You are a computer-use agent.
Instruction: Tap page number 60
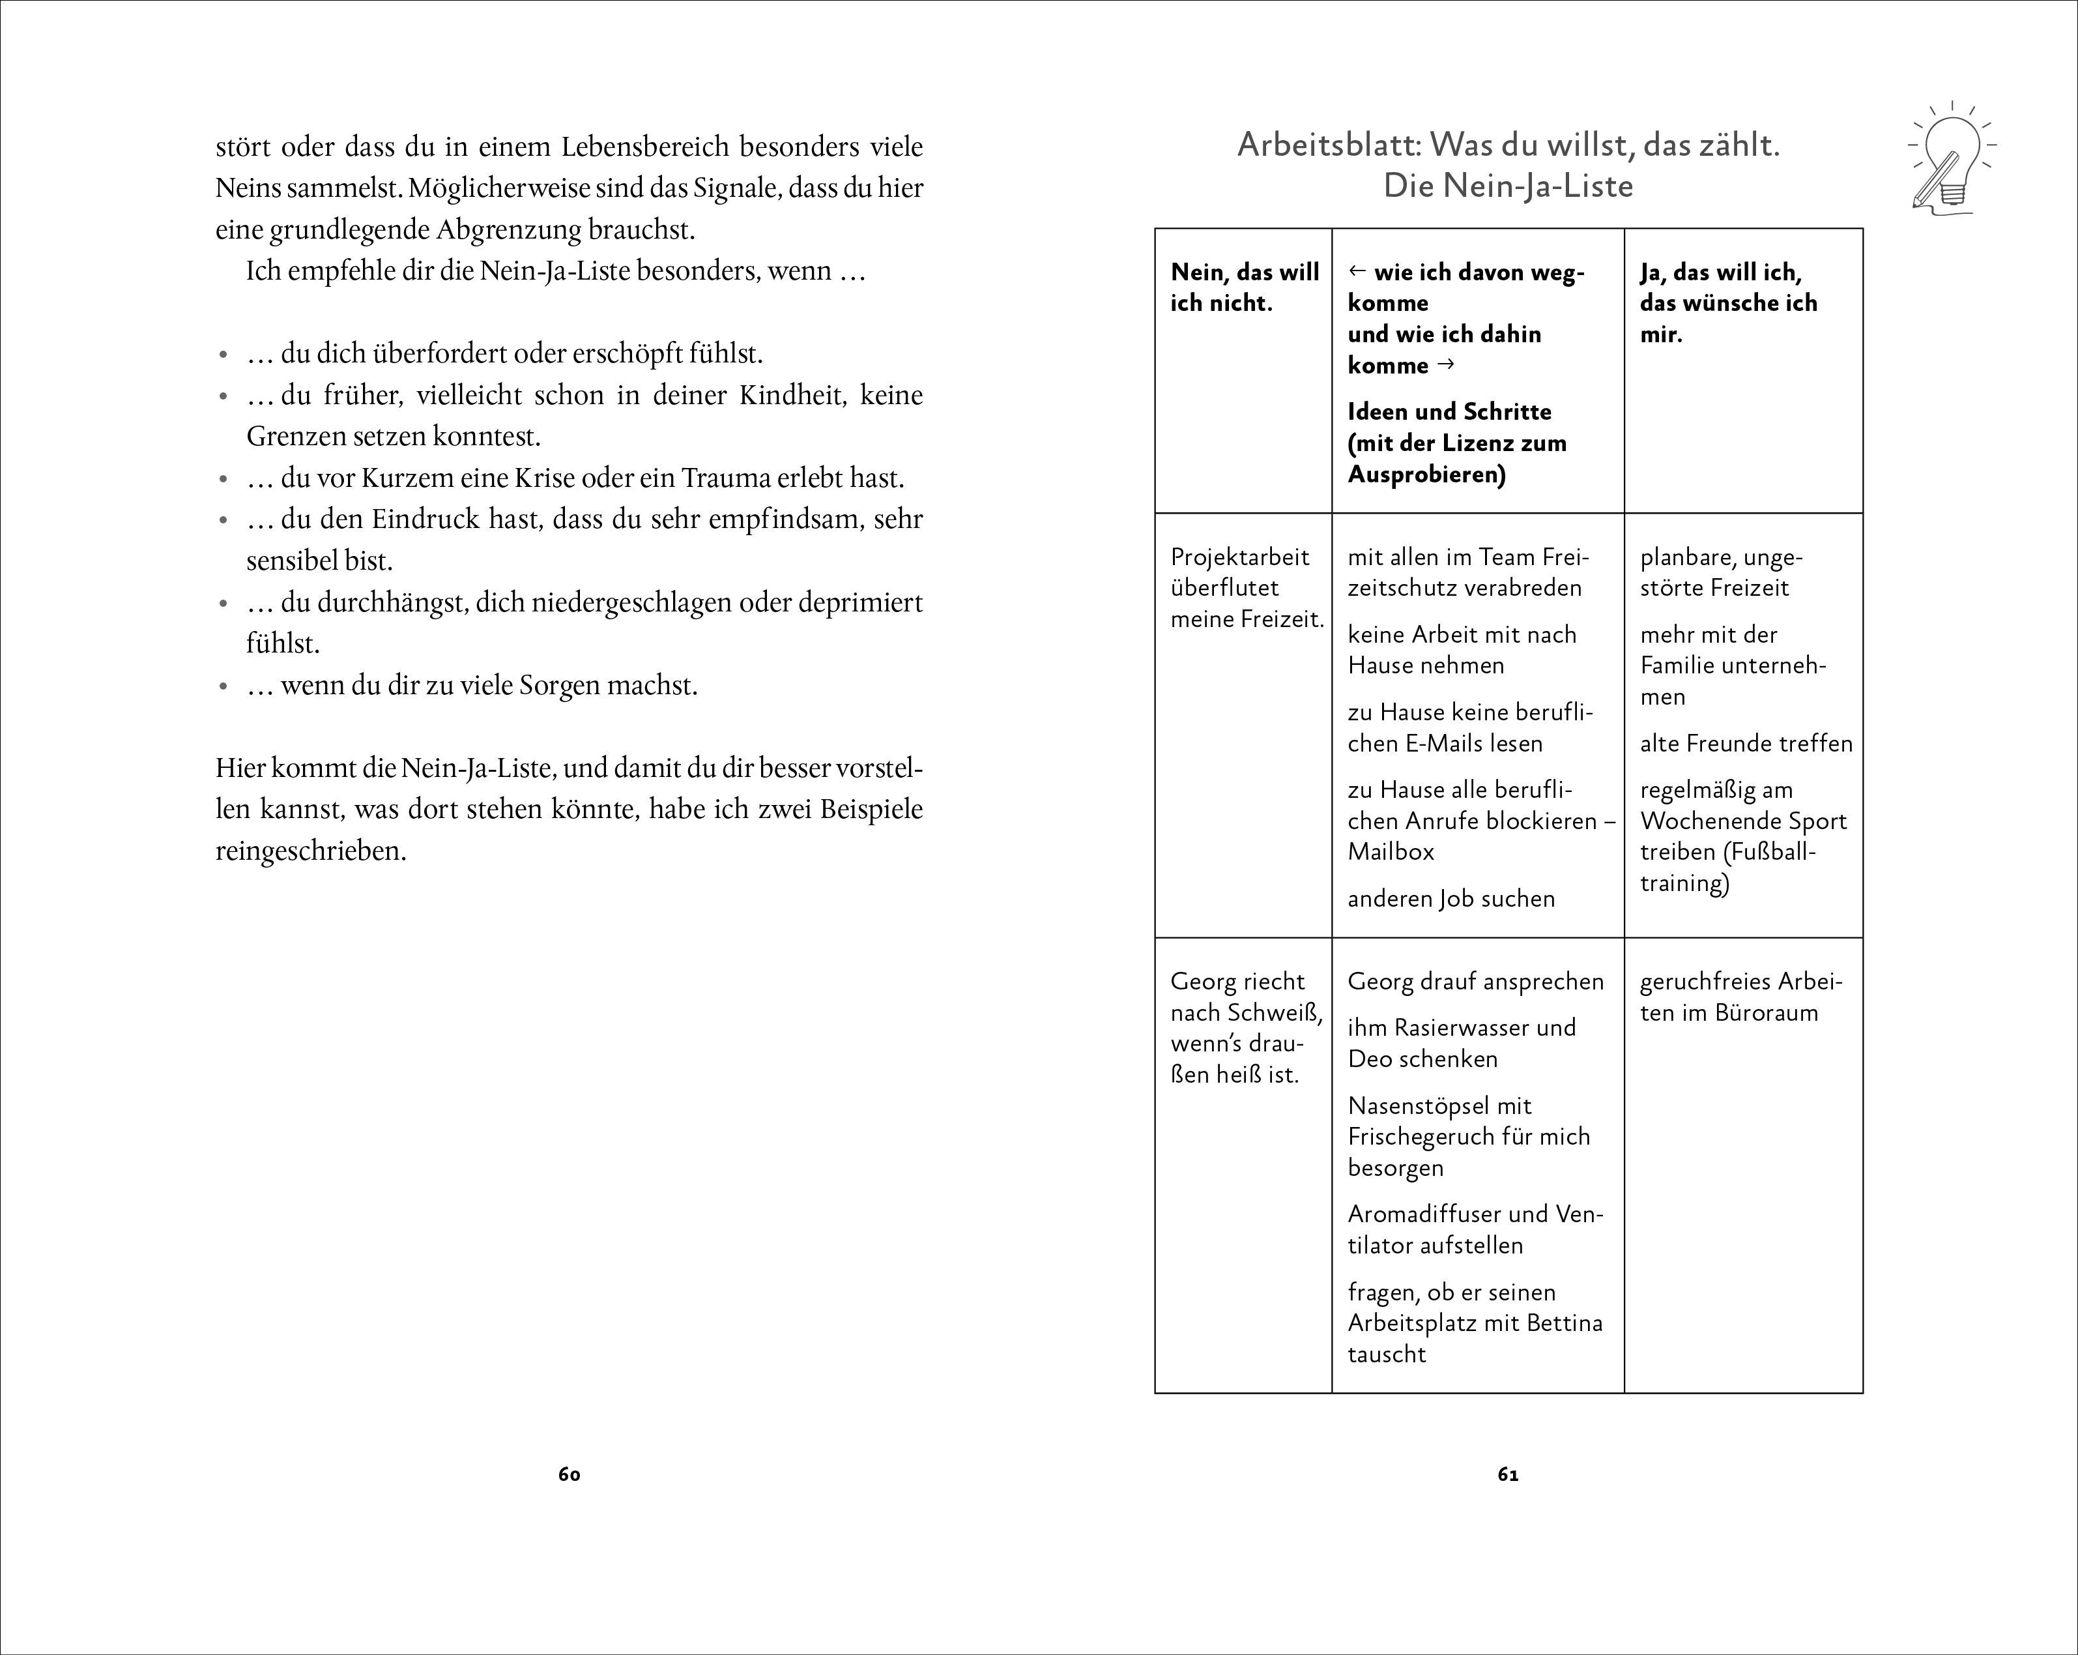[x=569, y=1474]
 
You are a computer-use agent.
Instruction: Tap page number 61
[x=1508, y=1474]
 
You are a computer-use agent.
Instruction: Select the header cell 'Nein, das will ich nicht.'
[x=1243, y=287]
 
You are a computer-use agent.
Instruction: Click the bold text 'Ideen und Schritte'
[x=1449, y=411]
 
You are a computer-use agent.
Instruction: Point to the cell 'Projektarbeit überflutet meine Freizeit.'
[x=1247, y=588]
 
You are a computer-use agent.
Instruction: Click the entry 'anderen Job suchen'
[x=1450, y=898]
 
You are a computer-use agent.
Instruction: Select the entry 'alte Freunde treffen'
[x=1746, y=743]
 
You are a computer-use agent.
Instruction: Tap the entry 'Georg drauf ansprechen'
[x=1475, y=981]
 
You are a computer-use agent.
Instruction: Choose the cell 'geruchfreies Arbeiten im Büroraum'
[x=1740, y=997]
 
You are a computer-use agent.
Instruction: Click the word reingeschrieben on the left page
[x=310, y=851]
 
